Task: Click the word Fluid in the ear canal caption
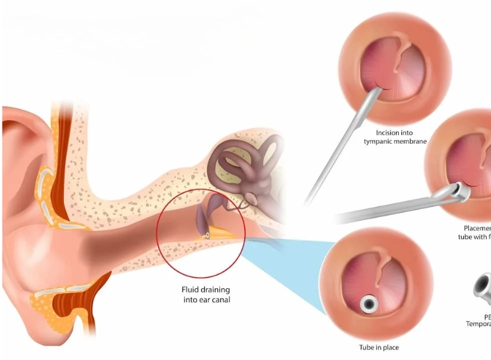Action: coord(188,289)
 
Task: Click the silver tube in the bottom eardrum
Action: coord(369,303)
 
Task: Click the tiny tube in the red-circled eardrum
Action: coord(208,234)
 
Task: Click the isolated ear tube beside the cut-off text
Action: coord(481,289)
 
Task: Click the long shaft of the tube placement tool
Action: coord(387,208)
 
